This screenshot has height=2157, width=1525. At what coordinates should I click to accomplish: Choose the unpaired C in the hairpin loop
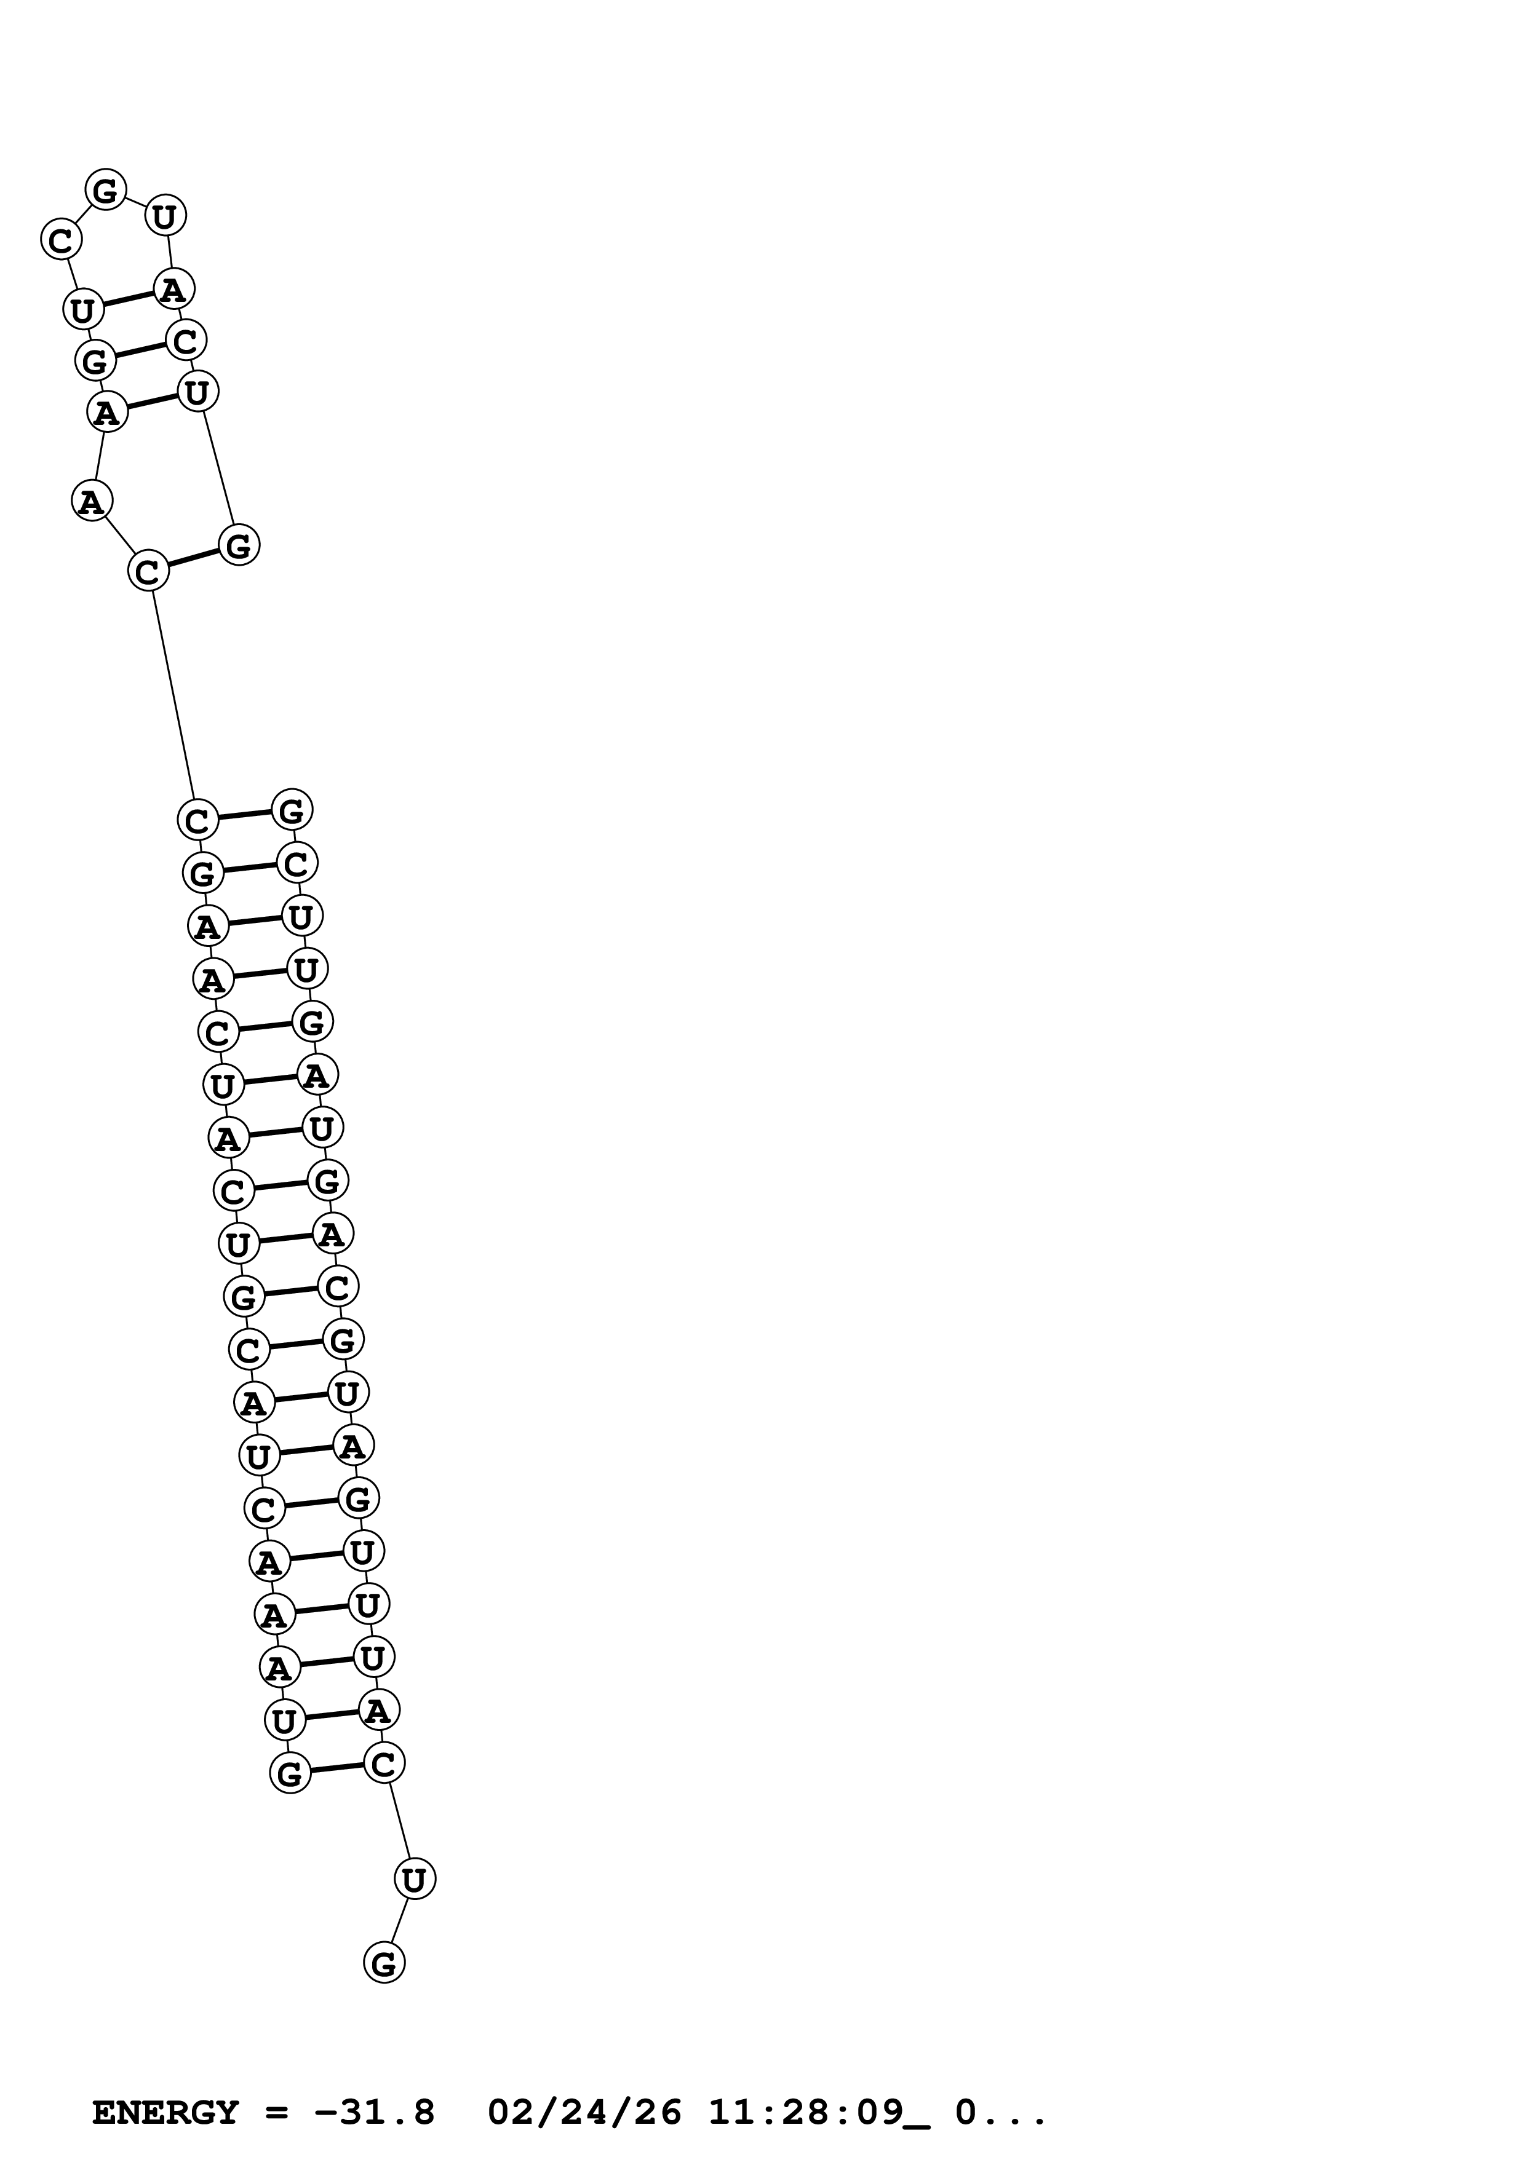(x=60, y=240)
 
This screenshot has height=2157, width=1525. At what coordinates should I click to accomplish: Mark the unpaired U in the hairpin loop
(x=164, y=216)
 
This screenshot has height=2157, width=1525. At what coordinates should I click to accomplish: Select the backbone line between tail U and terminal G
(x=399, y=1920)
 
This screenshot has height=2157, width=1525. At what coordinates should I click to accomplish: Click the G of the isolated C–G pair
(x=239, y=545)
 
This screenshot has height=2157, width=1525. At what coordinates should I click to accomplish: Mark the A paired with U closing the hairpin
(x=173, y=288)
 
